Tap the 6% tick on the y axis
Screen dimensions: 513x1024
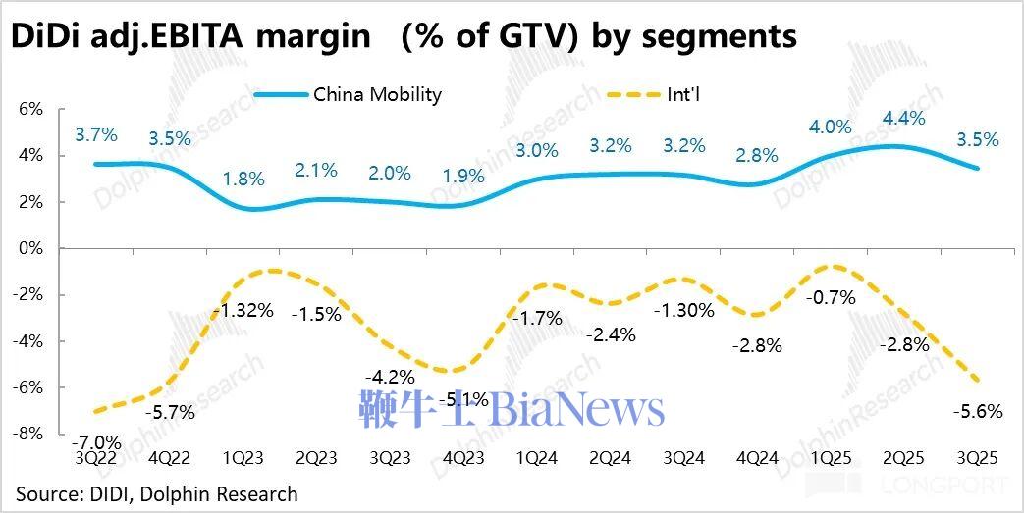30,109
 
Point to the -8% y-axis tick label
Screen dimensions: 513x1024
28,434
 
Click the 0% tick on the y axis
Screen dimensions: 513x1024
30,248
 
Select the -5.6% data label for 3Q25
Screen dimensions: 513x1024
978,412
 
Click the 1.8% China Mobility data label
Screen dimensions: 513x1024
243,179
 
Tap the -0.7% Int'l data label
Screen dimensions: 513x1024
831,297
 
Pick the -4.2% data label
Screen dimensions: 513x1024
390,377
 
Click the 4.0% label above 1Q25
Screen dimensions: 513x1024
831,128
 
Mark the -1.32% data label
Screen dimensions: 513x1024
242,312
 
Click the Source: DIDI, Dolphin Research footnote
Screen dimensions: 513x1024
156,493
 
